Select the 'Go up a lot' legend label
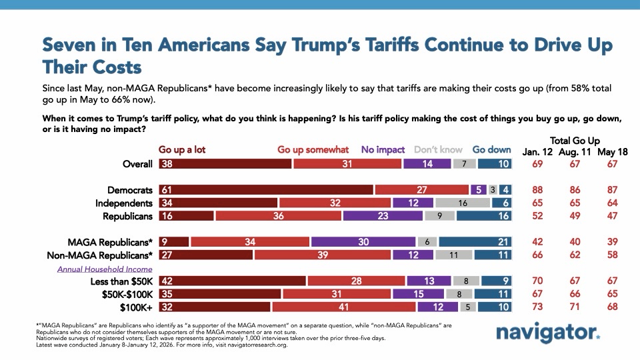pyautogui.click(x=181, y=149)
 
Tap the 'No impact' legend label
pyautogui.click(x=383, y=149)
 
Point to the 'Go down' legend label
pyautogui.click(x=493, y=149)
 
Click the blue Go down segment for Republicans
pyautogui.click(x=485, y=216)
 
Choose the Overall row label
pyautogui.click(x=135, y=164)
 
